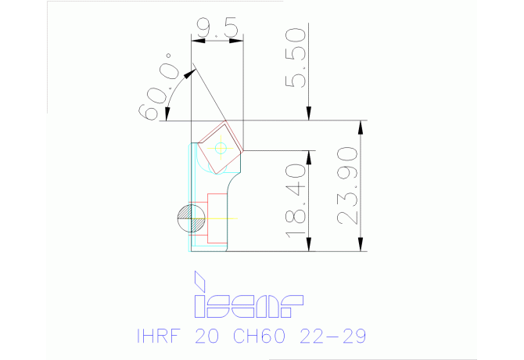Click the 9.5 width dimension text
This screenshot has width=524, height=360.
217,31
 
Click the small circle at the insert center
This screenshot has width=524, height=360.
221,147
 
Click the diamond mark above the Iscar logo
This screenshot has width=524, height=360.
199,279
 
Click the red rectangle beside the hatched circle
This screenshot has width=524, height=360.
199,218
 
